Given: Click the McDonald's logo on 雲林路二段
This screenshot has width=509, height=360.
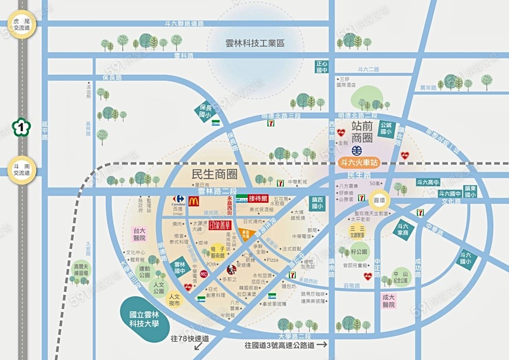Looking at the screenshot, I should pyautogui.click(x=194, y=200).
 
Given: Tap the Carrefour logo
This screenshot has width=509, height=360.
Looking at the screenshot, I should pyautogui.click(x=179, y=199).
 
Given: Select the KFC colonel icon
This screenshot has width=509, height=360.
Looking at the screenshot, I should pyautogui.click(x=230, y=269).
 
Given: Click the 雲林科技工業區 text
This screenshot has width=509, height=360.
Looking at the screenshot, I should pyautogui.click(x=255, y=42).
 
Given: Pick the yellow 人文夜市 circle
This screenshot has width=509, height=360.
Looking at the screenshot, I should pyautogui.click(x=175, y=300).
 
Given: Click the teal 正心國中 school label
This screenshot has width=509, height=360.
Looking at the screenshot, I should pyautogui.click(x=321, y=67).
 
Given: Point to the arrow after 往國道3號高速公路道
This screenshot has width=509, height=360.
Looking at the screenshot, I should pyautogui.click(x=322, y=344).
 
